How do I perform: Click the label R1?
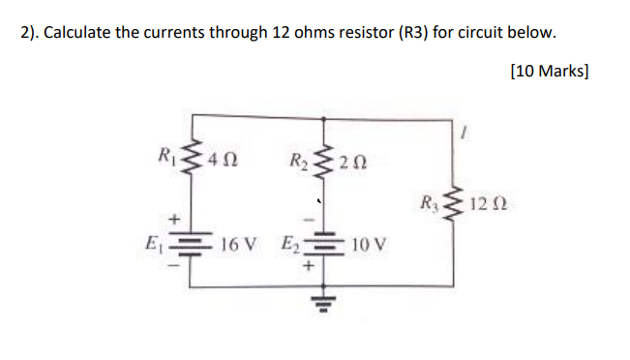point(168,152)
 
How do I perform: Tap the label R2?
point(299,152)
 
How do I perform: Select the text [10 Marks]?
point(549,72)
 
